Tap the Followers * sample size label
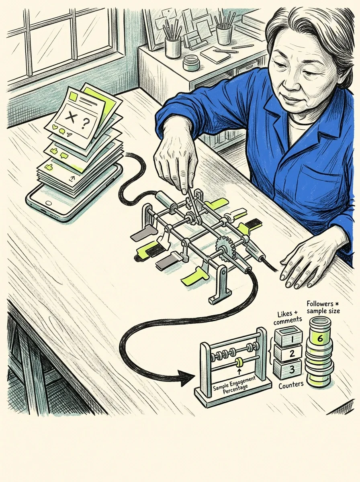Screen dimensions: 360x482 (x=323, y=307)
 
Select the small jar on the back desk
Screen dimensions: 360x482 (x=192, y=63)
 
